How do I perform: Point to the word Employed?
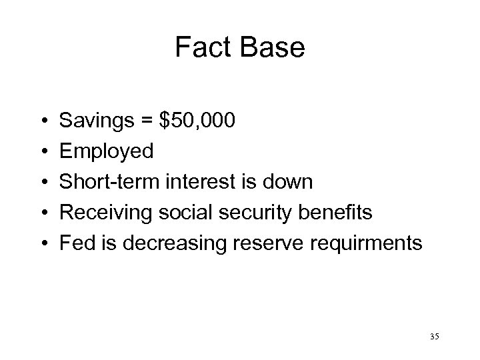(x=107, y=151)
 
